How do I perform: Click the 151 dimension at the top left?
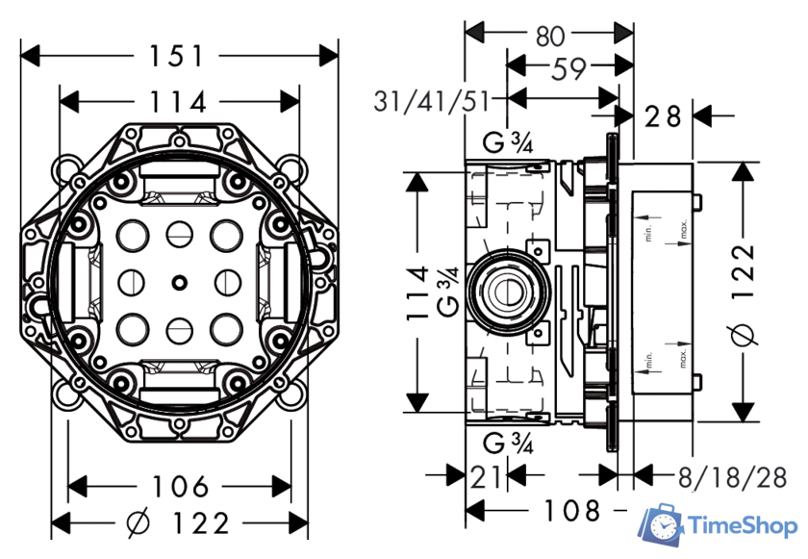coord(179,56)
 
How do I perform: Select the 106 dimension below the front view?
coord(179,486)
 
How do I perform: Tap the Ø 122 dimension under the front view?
coord(179,523)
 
